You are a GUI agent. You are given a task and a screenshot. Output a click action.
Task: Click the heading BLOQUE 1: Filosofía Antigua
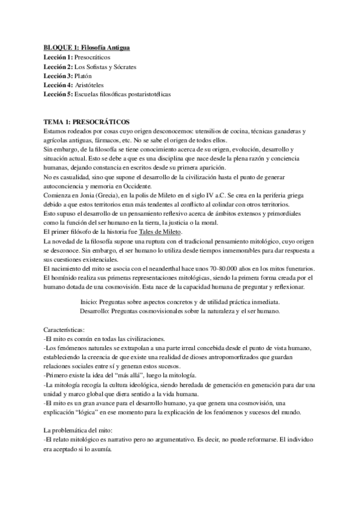87,47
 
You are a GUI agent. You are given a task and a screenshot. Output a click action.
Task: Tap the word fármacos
79,140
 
